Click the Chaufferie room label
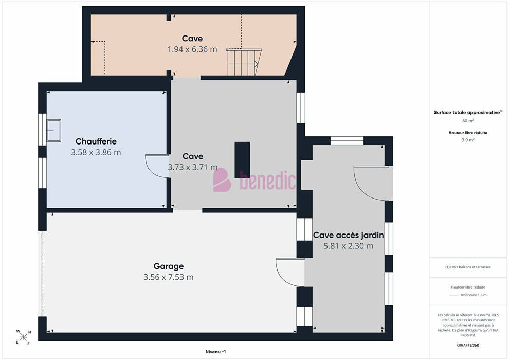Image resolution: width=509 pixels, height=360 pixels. (x=96, y=141)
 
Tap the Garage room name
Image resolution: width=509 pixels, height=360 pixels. (x=169, y=266)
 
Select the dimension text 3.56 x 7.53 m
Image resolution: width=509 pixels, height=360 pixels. (x=169, y=277)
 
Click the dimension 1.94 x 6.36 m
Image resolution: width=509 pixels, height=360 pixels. (x=192, y=49)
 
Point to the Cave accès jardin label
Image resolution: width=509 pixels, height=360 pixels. (x=348, y=235)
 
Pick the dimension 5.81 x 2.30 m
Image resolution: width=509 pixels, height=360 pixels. (x=348, y=246)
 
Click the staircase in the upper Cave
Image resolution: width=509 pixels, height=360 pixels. (x=244, y=62)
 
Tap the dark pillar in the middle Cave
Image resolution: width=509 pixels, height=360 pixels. (x=242, y=160)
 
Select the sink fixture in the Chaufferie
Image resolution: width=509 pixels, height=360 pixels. (x=54, y=131)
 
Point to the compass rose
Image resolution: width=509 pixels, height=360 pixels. (x=23, y=337)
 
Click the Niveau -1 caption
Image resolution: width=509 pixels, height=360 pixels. (x=215, y=352)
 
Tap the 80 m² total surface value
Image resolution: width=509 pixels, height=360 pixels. (x=468, y=121)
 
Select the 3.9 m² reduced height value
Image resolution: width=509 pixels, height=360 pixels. (x=468, y=140)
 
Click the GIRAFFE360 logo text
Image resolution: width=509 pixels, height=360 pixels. (x=468, y=345)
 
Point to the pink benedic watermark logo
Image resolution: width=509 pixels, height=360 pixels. (x=254, y=180)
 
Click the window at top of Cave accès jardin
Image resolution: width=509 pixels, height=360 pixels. (x=347, y=140)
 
